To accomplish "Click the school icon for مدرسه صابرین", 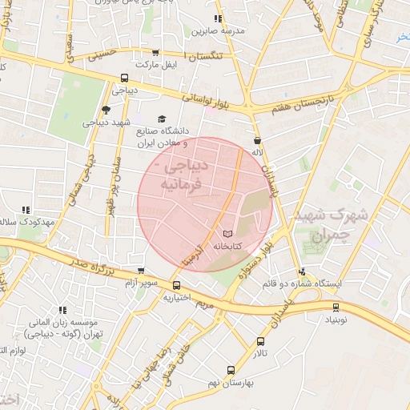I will point(218,18).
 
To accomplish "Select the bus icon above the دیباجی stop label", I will point(124,78).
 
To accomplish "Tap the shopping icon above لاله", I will point(257,139).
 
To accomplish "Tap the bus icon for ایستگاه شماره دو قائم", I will point(303,271).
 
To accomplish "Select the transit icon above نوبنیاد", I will point(336,306).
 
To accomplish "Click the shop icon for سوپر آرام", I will point(142,271).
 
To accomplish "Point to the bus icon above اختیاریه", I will point(176,285).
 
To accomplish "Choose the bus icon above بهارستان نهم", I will point(231,370).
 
